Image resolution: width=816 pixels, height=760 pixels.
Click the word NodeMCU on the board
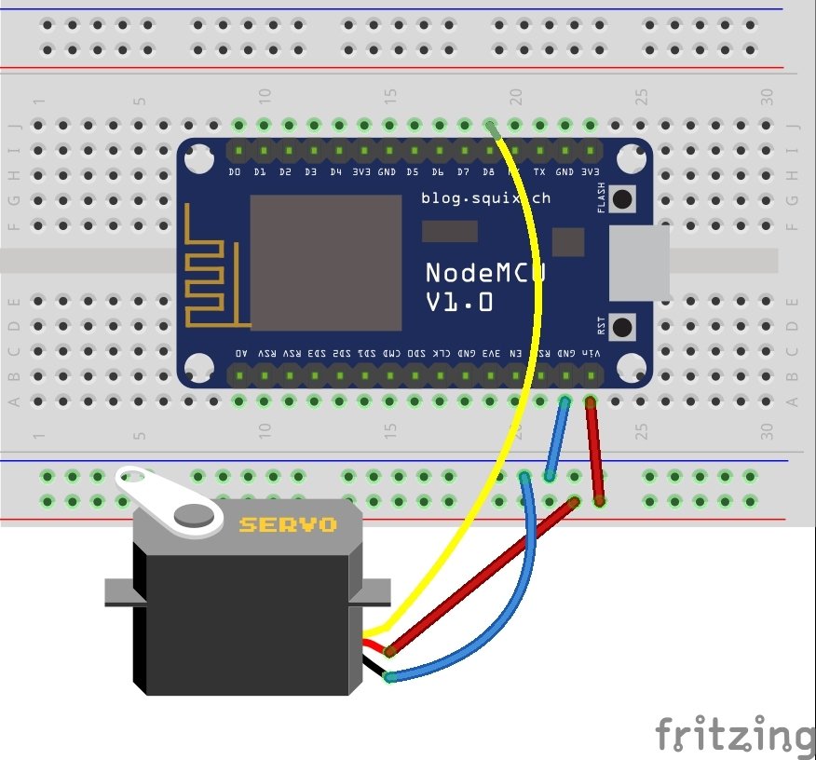point(483,272)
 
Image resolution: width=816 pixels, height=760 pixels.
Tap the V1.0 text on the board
point(459,303)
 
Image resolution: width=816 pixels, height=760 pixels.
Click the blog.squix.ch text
point(485,197)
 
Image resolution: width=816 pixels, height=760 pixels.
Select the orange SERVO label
point(288,524)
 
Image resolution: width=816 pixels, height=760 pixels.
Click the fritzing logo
point(734,736)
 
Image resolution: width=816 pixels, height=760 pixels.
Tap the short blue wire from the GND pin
point(557,438)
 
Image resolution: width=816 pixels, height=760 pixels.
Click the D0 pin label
point(235,172)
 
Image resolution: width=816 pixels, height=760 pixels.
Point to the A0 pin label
point(241,354)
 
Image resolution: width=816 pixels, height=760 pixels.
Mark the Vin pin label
point(591,354)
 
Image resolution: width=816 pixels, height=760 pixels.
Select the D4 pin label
point(335,172)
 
